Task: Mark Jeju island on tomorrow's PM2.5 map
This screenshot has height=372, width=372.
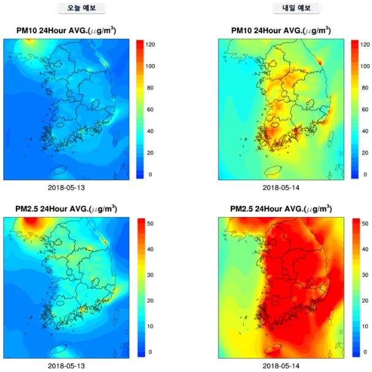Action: pyautogui.click(x=273, y=349)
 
